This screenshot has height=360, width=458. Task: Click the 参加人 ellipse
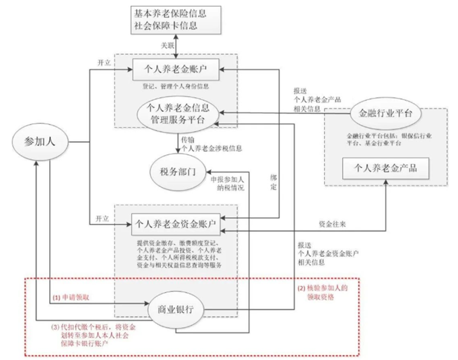(x=41, y=142)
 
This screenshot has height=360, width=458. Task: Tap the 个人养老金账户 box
(x=176, y=70)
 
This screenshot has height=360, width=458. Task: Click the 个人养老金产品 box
(x=385, y=168)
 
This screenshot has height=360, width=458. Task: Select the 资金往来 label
(x=332, y=224)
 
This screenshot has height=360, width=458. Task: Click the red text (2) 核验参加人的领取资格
(x=322, y=292)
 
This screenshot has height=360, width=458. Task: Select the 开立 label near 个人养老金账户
(x=104, y=62)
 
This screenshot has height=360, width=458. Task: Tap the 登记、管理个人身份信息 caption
(x=176, y=86)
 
